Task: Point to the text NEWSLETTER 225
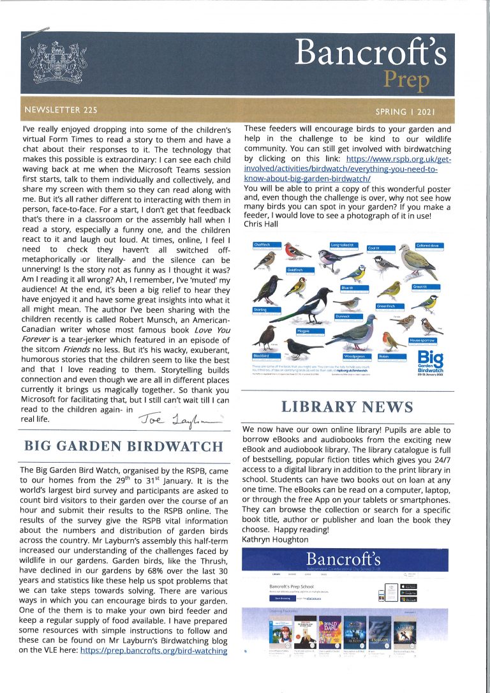tap(61, 110)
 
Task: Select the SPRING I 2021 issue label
tap(405, 112)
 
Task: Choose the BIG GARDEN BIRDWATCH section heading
tap(122, 445)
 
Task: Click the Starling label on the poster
tap(260, 309)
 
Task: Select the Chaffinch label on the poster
tap(262, 244)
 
